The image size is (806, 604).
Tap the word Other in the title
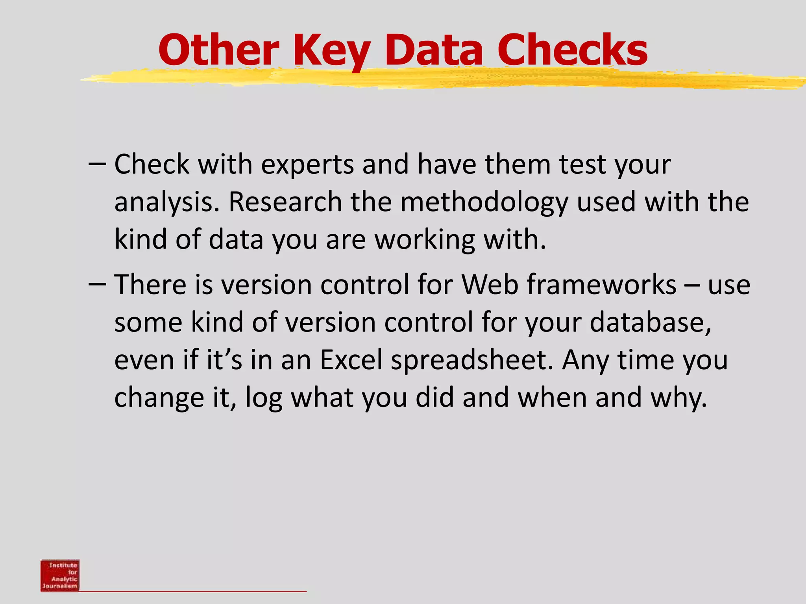coord(219,50)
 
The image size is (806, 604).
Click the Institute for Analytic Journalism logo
coord(60,575)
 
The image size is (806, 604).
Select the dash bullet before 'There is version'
coord(97,284)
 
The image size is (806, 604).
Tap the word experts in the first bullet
coord(307,164)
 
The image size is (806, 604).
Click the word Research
coord(285,202)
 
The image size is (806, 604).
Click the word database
coord(650,322)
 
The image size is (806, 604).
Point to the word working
coord(425,240)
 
